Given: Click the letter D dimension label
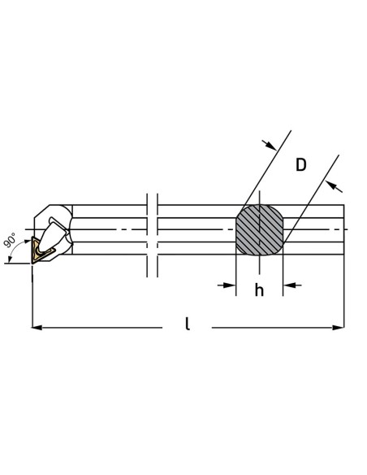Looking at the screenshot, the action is tap(300, 165).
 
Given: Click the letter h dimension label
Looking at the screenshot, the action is tap(259, 290).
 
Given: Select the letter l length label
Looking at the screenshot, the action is tap(188, 324).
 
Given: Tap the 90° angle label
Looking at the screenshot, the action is tap(10, 240).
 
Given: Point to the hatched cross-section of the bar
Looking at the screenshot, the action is tap(259, 230).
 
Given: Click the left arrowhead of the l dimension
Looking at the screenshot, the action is tap(37, 328).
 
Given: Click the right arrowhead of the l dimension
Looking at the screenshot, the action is tap(339, 328).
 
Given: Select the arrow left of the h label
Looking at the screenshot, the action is tap(227, 285).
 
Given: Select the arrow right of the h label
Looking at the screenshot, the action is tap(292, 285).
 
